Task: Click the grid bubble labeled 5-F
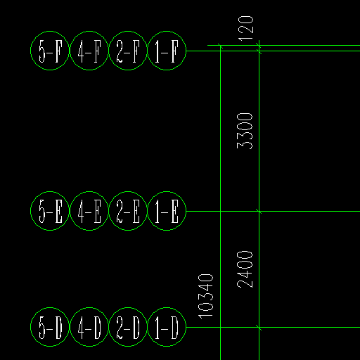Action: [50, 31]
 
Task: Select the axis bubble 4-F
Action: [89, 31]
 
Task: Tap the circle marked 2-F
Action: [128, 31]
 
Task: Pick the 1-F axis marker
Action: [167, 31]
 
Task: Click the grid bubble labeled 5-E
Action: [50, 192]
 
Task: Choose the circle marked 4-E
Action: [89, 192]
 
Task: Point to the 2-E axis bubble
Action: [128, 192]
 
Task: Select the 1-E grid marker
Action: [167, 192]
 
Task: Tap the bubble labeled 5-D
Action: [50, 308]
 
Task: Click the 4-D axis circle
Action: [89, 308]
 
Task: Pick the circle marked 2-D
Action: [128, 308]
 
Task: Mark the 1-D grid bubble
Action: [167, 308]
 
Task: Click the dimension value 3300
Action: [245, 131]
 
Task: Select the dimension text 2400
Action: [245, 269]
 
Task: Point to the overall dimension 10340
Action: [206, 296]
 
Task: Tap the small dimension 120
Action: [246, 28]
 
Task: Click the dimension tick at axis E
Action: [259, 212]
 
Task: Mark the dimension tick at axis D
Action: [259, 328]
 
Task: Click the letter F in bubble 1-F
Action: [175, 51]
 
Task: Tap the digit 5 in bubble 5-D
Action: [42, 327]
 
